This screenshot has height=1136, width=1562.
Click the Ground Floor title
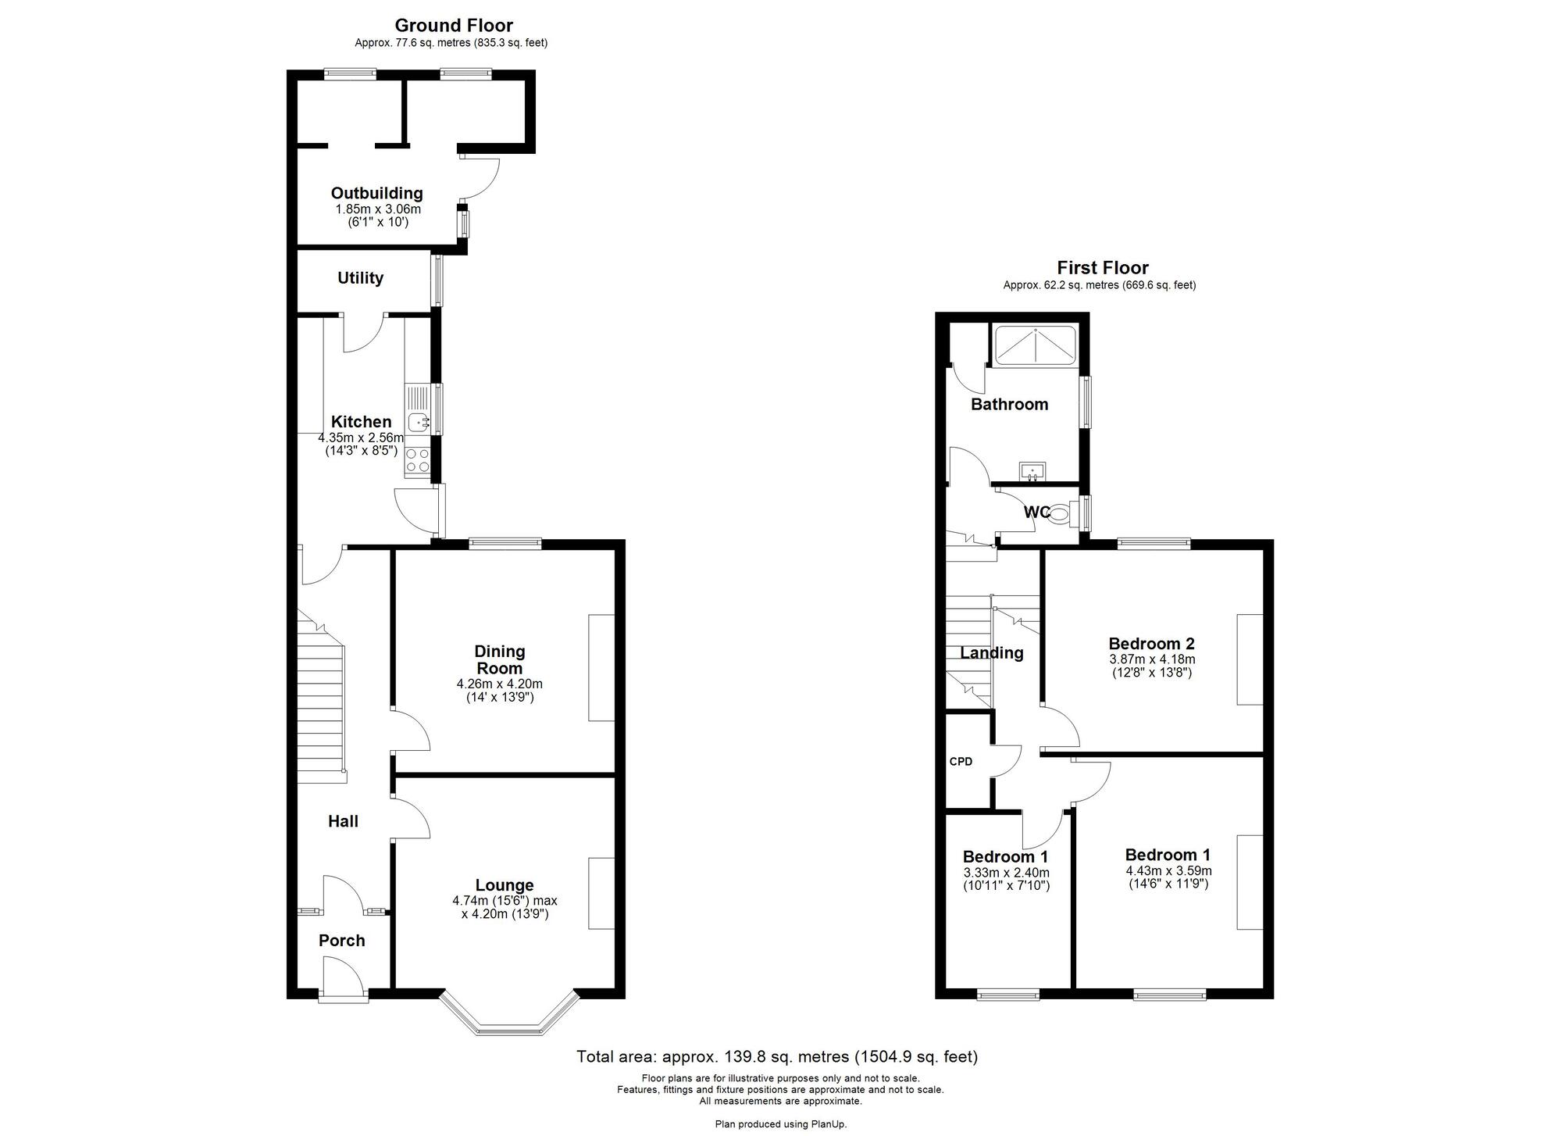pos(454,25)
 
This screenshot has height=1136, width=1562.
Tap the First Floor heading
pos(1103,267)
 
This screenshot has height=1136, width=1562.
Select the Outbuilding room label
pos(376,193)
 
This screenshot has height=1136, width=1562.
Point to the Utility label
pos(360,278)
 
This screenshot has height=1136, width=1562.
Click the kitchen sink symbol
pos(419,423)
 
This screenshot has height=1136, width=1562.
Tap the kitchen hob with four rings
pos(417,460)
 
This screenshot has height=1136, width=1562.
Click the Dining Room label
pos(500,659)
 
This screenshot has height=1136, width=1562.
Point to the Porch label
pos(342,941)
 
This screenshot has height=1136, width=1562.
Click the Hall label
pos(343,821)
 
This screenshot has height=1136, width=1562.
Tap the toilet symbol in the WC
pos(1059,514)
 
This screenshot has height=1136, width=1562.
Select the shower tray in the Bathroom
pos(1034,345)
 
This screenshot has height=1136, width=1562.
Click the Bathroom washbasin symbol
pos(1032,472)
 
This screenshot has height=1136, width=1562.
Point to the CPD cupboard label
pos(961,761)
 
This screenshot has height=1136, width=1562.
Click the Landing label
pos(992,653)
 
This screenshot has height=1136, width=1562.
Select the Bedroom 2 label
pos(1151,644)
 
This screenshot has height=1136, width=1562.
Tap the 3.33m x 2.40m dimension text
pos(1006,873)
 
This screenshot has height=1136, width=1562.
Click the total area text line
pos(777,1057)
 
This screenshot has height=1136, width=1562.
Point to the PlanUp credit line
pos(780,1124)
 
